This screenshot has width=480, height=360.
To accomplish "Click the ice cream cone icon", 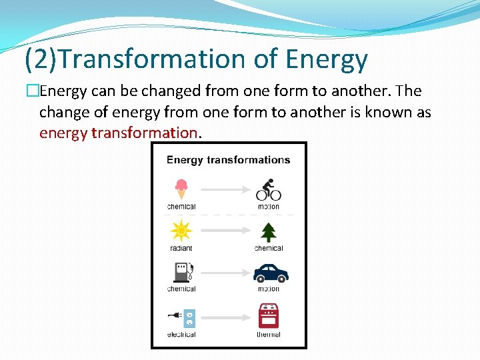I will pos(181,189).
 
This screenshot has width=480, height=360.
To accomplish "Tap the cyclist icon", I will pos(269,190).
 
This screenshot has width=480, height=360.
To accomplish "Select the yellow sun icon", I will pos(181,231).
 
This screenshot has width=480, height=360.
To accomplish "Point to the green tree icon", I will pos(269,231).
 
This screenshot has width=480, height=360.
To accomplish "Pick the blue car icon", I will pos(270,273).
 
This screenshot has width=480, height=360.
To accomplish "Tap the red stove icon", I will pos(269,315).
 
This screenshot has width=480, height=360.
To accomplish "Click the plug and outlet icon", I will pos(181,317).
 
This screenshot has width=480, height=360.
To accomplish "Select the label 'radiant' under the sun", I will pos(181,248).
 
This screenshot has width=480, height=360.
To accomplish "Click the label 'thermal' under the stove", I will pos(269,334).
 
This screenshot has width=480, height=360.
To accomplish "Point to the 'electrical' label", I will pos(181,334).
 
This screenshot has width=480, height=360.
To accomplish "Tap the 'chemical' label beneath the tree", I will pos(269,248).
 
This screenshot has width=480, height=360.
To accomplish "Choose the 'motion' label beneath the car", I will pos(269,289).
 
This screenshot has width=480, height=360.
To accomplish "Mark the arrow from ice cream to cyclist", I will pos(225,190).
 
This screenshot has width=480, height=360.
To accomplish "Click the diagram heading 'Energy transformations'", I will pos(228,160).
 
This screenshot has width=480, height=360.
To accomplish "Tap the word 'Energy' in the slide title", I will pos(326,59).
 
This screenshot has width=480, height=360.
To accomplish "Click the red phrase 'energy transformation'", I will pos(119,133).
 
